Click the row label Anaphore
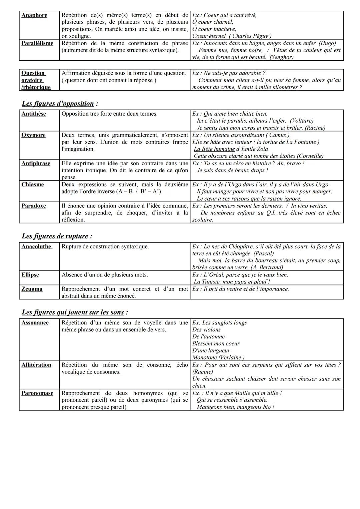[x=34, y=15]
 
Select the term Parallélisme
[x=37, y=43]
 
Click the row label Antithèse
[x=34, y=114]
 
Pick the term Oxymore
[x=33, y=135]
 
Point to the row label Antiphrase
[x=36, y=164]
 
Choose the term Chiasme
[x=33, y=185]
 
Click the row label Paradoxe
[x=34, y=206]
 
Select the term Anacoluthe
[x=36, y=247]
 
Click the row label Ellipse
[x=30, y=275]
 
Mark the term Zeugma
[x=32, y=289]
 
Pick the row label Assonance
[x=35, y=323]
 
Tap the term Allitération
[x=36, y=365]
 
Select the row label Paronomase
[x=37, y=393]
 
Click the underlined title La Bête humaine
[x=214, y=149]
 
